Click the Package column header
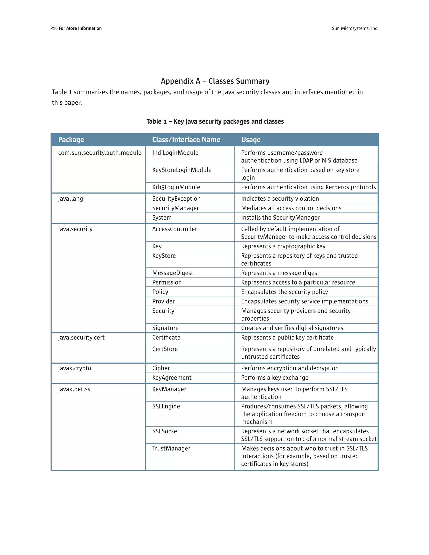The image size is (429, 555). [x=71, y=139]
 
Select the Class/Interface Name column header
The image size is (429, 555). [x=186, y=139]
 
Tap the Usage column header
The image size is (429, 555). [x=251, y=139]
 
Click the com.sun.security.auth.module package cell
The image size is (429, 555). [x=100, y=153]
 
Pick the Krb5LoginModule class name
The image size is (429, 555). [x=176, y=187]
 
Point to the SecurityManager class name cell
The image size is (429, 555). [x=175, y=208]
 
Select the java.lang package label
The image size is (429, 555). [x=70, y=199]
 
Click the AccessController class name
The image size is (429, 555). [x=175, y=229]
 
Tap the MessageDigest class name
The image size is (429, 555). [x=173, y=273]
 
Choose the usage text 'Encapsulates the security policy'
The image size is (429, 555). [x=284, y=292]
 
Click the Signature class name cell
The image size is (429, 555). [x=165, y=328]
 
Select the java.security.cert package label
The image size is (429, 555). [x=81, y=337]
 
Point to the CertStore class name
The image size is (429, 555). [x=165, y=349]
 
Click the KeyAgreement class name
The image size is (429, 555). [x=172, y=378]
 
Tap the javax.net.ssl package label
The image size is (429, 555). [x=75, y=389]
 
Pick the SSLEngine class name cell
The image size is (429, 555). [x=166, y=406]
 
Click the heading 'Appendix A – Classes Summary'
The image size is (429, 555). [x=215, y=81]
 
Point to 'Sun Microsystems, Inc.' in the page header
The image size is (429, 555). [x=355, y=28]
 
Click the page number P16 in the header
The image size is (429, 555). [x=54, y=28]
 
